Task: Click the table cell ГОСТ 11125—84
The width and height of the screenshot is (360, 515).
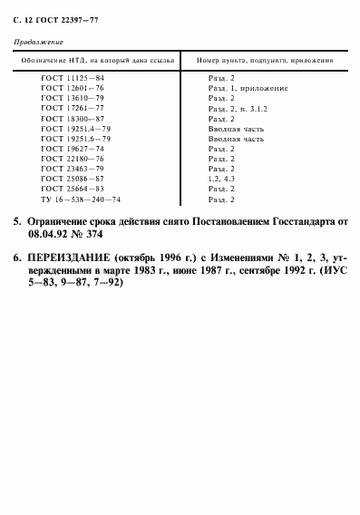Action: [73, 79]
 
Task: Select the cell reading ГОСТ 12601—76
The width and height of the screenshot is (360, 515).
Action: [73, 89]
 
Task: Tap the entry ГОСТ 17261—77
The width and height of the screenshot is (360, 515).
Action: [73, 109]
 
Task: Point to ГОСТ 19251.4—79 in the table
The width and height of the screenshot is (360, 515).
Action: [76, 129]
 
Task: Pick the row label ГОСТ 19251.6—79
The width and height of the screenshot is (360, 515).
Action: [76, 139]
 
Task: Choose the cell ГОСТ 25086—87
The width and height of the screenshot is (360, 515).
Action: [73, 179]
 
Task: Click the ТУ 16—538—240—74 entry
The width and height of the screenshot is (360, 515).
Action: [81, 199]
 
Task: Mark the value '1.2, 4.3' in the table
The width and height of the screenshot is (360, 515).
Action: [220, 179]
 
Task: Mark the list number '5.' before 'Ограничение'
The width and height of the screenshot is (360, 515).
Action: [18, 221]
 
